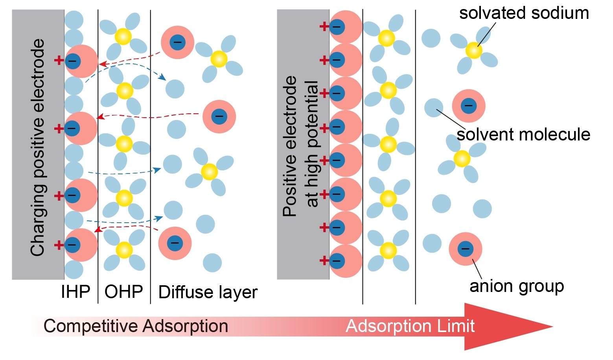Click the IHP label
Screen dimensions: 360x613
tap(75, 292)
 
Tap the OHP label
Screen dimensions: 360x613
tap(123, 292)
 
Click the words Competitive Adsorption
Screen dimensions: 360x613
tap(136, 326)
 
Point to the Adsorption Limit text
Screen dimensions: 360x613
tap(410, 326)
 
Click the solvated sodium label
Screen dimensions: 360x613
tap(524, 13)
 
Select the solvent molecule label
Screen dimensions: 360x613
tap(523, 135)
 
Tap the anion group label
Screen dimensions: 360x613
tap(517, 286)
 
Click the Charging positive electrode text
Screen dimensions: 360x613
tap(38, 148)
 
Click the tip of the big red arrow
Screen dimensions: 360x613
tap(551, 326)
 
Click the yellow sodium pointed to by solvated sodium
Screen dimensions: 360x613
tap(473, 50)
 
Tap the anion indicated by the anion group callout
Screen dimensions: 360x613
tap(466, 249)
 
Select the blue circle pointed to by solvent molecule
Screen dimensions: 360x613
tap(434, 107)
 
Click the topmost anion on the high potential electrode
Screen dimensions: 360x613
tap(345, 27)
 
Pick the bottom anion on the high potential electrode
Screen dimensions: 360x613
tap(345, 261)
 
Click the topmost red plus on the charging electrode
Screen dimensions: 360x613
tap(59, 60)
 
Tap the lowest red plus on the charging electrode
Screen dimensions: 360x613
tap(59, 245)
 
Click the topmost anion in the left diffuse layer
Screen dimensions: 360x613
tap(177, 42)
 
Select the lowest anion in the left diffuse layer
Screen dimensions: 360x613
tap(175, 243)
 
